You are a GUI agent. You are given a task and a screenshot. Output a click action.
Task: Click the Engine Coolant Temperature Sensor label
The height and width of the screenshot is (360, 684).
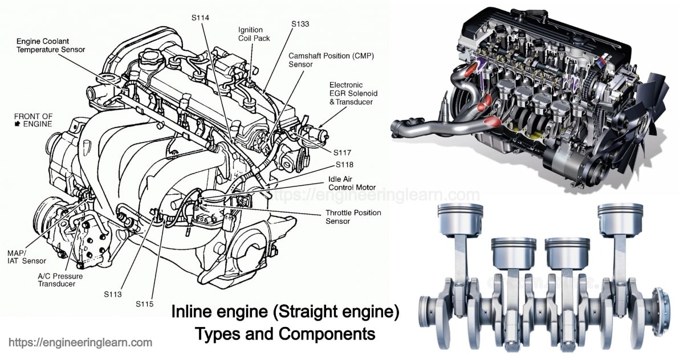tap(50, 46)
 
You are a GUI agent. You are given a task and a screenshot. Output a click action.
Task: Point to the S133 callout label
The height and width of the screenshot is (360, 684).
tap(300, 24)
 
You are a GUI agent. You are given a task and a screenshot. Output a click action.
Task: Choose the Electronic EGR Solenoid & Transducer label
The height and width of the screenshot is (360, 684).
tap(353, 93)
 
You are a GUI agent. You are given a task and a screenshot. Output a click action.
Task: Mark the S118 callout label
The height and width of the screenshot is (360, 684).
tap(344, 165)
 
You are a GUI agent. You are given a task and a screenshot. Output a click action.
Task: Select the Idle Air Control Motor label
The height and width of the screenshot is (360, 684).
tap(352, 182)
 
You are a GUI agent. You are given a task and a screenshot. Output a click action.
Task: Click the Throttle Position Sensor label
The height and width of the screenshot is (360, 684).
tap(353, 216)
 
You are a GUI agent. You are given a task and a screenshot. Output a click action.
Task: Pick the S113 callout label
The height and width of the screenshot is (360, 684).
tap(113, 294)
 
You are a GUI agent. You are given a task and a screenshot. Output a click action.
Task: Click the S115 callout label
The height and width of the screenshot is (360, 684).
tap(144, 304)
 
